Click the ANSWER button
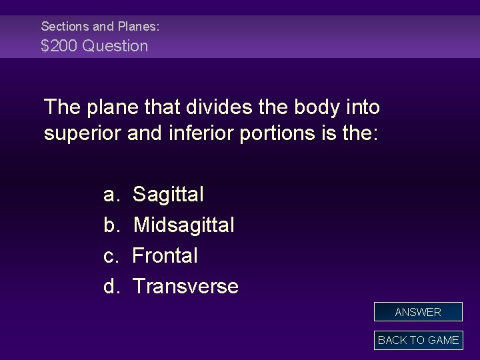pos(418,312)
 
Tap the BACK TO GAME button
pos(418,340)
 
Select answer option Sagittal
pos(168,195)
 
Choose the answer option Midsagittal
pos(183,225)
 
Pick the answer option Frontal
pos(165,255)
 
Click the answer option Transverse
pos(185,286)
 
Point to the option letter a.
pos(111,196)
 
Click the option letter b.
pos(111,225)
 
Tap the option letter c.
pos(111,256)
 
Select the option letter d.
pos(111,286)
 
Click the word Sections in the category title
pos(65,27)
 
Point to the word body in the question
pos(323,107)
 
